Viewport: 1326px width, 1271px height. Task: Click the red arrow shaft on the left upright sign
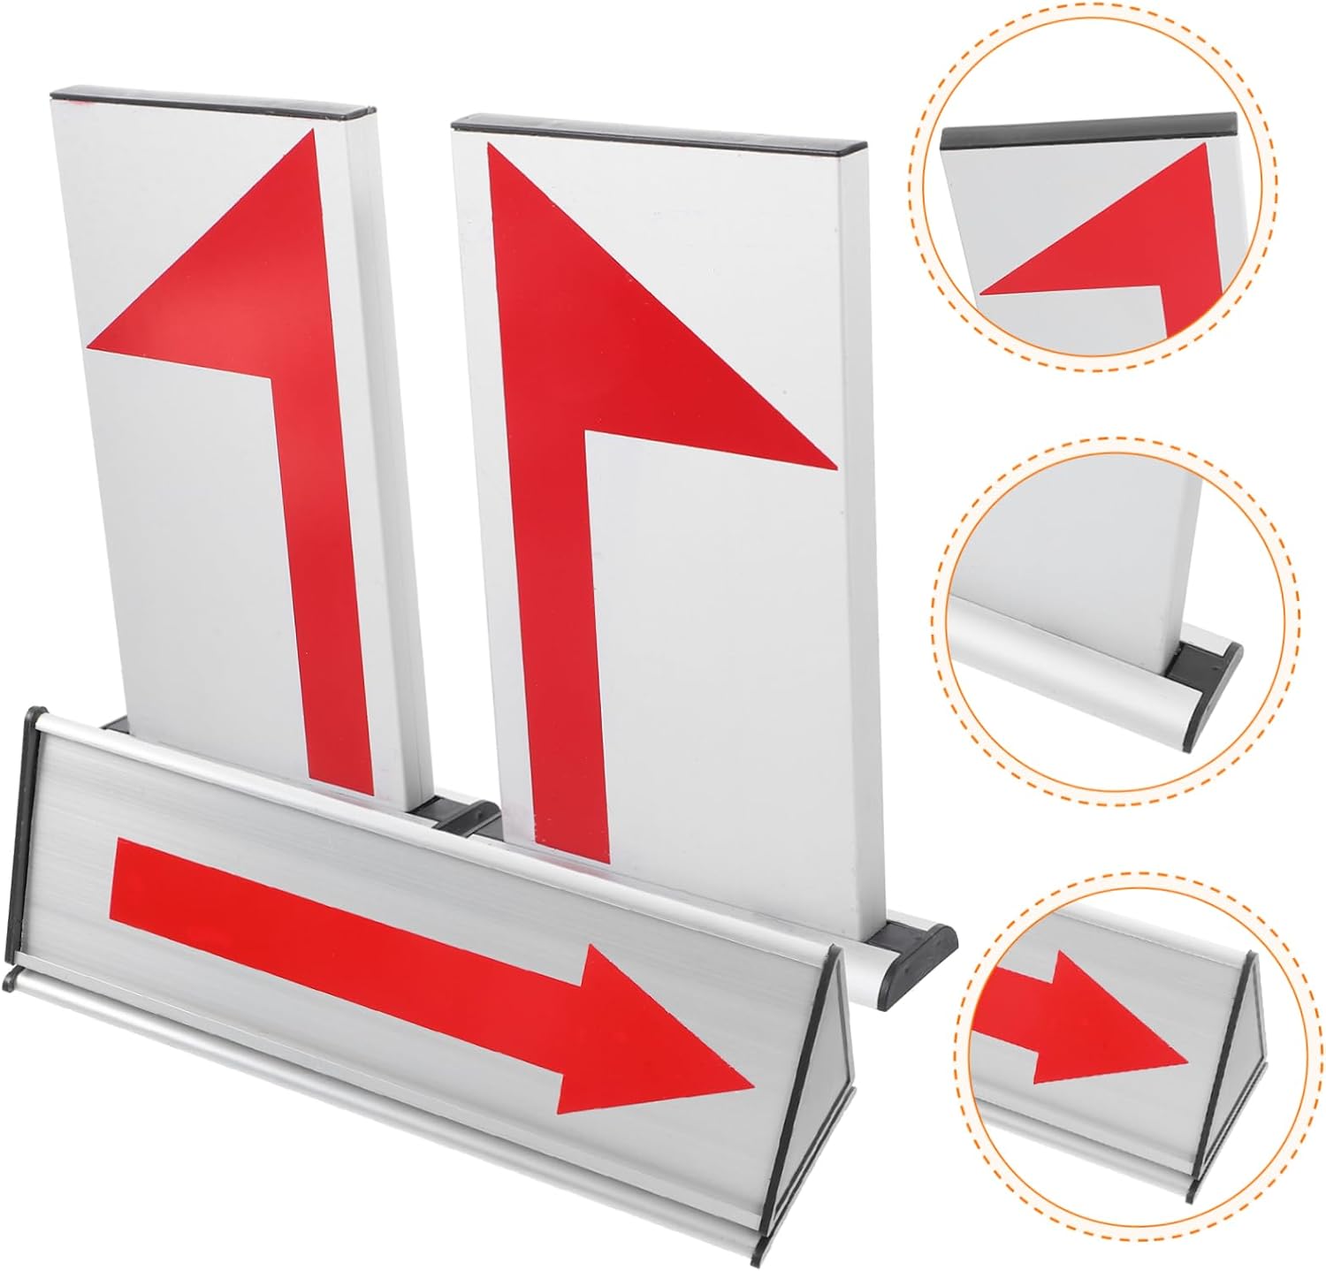tap(327, 575)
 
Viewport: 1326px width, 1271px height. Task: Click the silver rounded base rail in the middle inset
tap(1061, 645)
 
